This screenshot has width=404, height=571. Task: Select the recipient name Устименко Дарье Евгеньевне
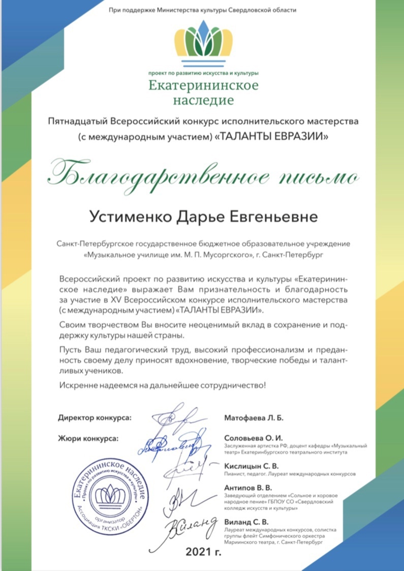point(203,217)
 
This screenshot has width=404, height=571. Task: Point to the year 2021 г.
point(203,551)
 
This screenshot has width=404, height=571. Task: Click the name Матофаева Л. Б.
point(253,418)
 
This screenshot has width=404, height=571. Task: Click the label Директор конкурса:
point(95,418)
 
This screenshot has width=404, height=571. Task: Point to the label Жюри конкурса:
point(88,437)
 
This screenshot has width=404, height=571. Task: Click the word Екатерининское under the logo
point(203,85)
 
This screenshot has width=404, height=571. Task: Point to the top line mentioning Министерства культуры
point(202,10)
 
